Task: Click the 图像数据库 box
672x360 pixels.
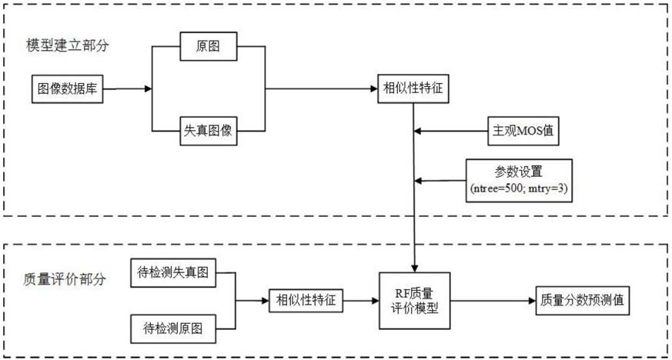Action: tap(67, 88)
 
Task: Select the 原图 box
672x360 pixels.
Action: tap(209, 46)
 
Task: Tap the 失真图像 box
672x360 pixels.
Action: tap(209, 131)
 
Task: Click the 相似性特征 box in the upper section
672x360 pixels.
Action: tap(413, 88)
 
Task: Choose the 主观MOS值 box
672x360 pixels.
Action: tap(523, 131)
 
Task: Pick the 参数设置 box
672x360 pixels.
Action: tap(519, 180)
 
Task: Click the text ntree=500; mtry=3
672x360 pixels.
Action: tap(519, 188)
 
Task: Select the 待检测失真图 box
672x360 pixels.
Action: tap(173, 272)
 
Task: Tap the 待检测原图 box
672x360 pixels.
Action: tap(173, 328)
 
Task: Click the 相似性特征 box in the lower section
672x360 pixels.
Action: tap(306, 301)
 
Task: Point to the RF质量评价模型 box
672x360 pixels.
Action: tap(414, 301)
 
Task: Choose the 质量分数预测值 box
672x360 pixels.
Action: tap(583, 301)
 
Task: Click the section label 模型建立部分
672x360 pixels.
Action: tap(68, 45)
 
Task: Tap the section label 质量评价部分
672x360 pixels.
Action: tap(65, 279)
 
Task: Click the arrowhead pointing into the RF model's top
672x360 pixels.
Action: tap(414, 268)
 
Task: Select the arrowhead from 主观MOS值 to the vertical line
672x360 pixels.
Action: tap(418, 131)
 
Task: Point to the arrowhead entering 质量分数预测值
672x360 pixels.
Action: tap(532, 301)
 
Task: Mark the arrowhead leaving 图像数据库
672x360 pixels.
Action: tap(149, 88)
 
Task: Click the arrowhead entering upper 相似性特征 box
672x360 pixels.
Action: tap(374, 88)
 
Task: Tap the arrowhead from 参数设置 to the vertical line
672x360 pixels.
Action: tap(418, 181)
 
